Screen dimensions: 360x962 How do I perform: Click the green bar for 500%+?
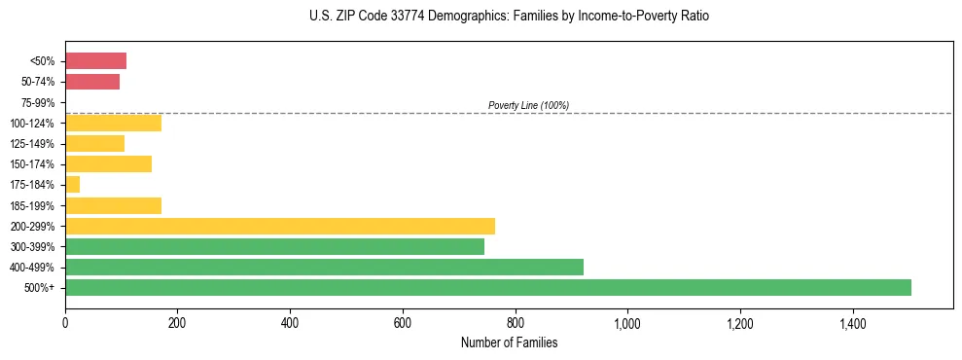point(488,288)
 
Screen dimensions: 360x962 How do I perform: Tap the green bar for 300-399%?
point(274,247)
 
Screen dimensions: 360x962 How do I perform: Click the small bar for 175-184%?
point(73,185)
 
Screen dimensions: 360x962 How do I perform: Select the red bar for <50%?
point(95,61)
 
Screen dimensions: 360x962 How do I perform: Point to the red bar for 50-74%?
point(92,82)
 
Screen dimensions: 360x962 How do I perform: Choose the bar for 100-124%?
point(113,124)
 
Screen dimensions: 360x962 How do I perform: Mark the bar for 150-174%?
point(108,164)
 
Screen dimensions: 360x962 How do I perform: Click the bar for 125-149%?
point(94,144)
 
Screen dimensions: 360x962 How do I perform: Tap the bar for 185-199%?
point(113,206)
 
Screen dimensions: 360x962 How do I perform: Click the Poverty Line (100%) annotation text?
point(528,105)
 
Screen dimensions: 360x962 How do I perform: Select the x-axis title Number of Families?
point(509,342)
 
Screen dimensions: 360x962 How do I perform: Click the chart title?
point(510,17)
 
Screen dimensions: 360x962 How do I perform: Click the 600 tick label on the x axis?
point(403,321)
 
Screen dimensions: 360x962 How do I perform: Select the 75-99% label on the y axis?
point(39,103)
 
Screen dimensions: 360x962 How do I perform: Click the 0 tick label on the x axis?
point(65,321)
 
